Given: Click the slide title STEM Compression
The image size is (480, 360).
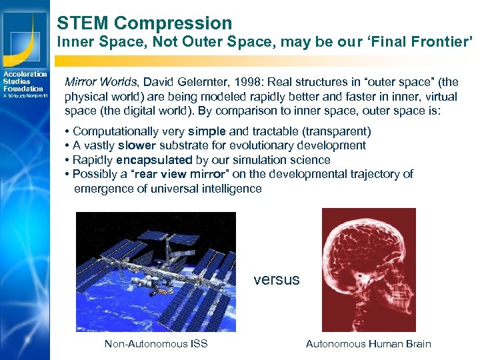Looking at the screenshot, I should tap(144, 23).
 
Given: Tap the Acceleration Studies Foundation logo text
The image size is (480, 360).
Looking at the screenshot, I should tap(24, 81).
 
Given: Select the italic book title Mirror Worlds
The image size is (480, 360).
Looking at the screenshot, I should tap(100, 82).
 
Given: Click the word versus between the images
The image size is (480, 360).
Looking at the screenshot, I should tap(277, 280).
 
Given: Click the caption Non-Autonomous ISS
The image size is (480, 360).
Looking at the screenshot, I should tap(156, 344).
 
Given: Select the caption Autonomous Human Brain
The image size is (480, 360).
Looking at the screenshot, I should tap(368, 344).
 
